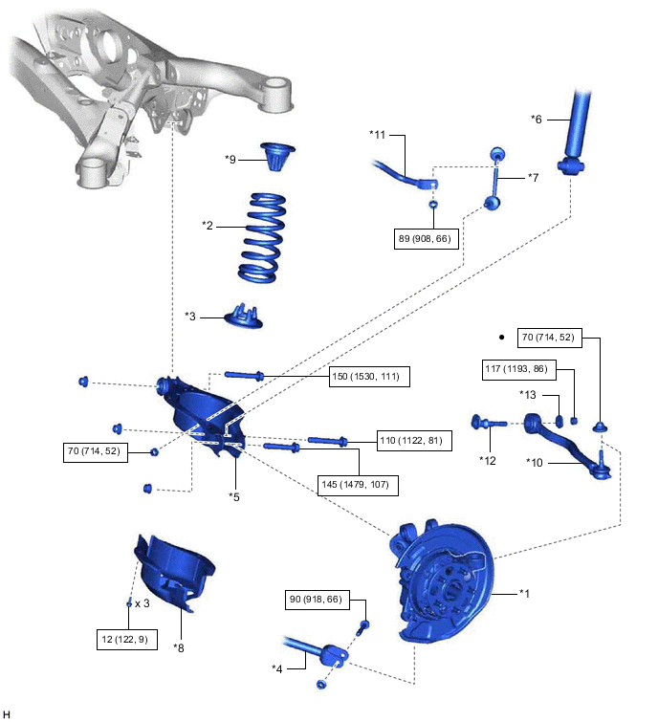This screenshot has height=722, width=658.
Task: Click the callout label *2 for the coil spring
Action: click(x=208, y=226)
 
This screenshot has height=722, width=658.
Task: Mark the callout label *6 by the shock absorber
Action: click(x=537, y=120)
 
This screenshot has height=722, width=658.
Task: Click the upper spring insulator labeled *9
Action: click(x=277, y=155)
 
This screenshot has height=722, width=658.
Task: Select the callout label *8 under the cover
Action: click(x=179, y=647)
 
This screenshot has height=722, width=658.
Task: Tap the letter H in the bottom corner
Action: click(x=8, y=713)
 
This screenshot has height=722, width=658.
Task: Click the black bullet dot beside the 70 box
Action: click(x=500, y=337)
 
